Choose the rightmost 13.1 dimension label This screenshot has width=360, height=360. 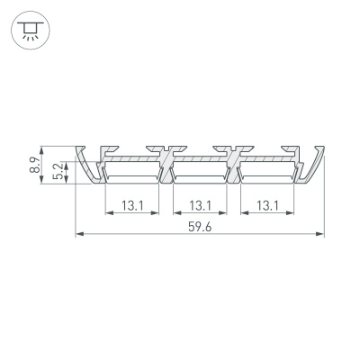[x=266, y=206]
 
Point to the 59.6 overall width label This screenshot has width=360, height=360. [x=200, y=228]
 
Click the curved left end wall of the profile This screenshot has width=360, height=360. [x=82, y=164]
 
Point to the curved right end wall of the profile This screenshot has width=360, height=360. [x=316, y=164]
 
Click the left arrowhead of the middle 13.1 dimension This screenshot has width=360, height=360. [x=175, y=214]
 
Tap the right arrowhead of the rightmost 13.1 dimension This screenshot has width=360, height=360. [x=294, y=214]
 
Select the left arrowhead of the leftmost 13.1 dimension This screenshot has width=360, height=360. [x=109, y=214]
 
